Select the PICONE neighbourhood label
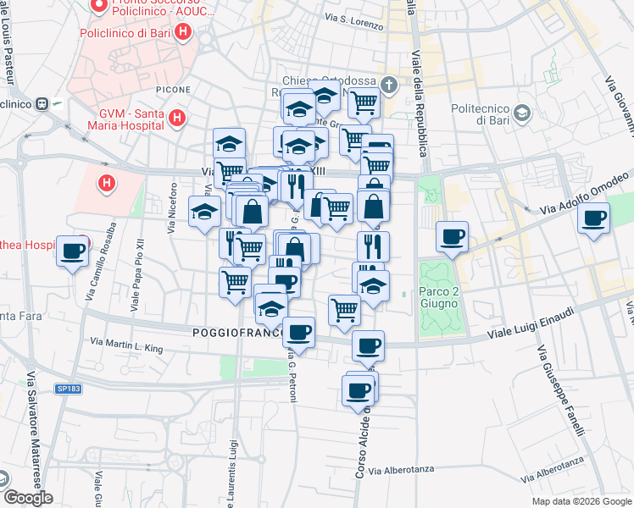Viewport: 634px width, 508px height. point(172,89)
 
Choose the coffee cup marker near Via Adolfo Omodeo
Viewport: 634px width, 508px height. point(594,218)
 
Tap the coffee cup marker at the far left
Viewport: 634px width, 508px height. point(73,250)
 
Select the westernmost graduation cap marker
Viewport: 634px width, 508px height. point(203,212)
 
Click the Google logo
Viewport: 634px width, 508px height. point(27,498)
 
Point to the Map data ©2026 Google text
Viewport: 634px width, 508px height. point(581,501)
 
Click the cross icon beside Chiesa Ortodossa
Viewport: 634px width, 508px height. point(388,86)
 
